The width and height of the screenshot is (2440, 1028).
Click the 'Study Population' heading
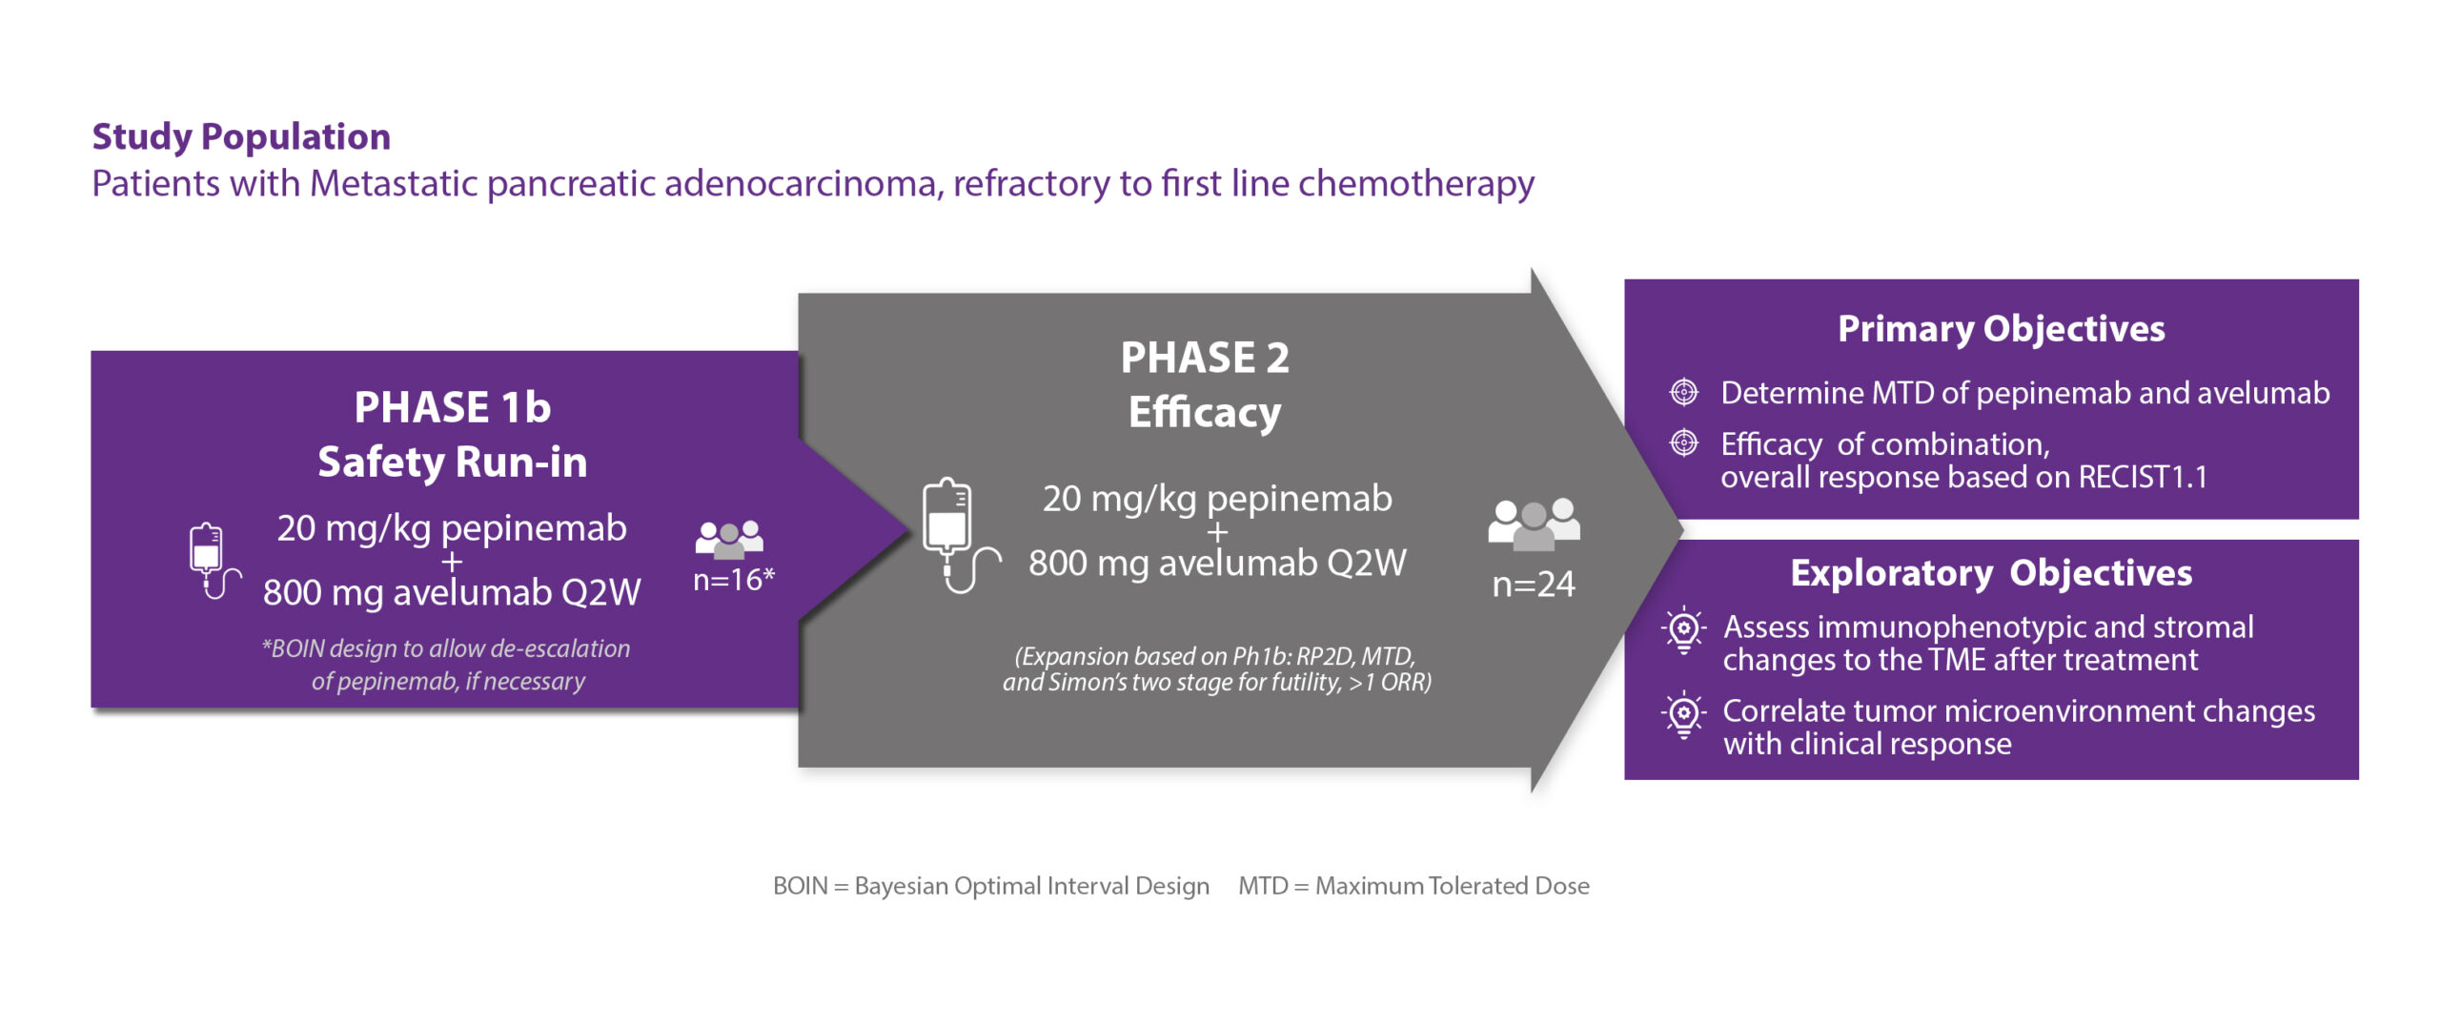(x=241, y=137)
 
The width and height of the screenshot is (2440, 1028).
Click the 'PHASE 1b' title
(x=453, y=407)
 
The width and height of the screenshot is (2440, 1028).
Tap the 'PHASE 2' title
(x=1205, y=358)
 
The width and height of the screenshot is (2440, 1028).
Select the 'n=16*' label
(x=734, y=579)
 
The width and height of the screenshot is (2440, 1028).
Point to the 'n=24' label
(x=1534, y=584)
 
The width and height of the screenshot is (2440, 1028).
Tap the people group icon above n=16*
(x=729, y=539)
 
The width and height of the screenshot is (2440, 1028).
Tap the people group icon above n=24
(x=1534, y=524)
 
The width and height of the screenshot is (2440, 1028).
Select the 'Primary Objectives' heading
(x=2001, y=329)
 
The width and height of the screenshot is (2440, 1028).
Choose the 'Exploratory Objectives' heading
(x=1991, y=572)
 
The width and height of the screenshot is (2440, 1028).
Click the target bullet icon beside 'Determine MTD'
(x=1684, y=392)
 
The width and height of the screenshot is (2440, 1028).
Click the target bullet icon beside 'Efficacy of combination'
(x=1684, y=442)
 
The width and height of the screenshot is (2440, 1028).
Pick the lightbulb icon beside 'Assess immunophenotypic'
(x=1684, y=629)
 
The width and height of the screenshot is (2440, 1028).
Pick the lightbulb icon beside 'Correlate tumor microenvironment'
(x=1684, y=714)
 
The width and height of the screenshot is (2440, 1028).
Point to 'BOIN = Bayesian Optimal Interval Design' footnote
(x=991, y=886)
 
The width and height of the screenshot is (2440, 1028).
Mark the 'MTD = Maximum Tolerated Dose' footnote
(x=1413, y=886)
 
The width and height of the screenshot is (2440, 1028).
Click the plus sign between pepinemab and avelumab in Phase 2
(x=1217, y=532)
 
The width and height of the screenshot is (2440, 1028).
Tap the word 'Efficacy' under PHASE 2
(x=1205, y=413)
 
